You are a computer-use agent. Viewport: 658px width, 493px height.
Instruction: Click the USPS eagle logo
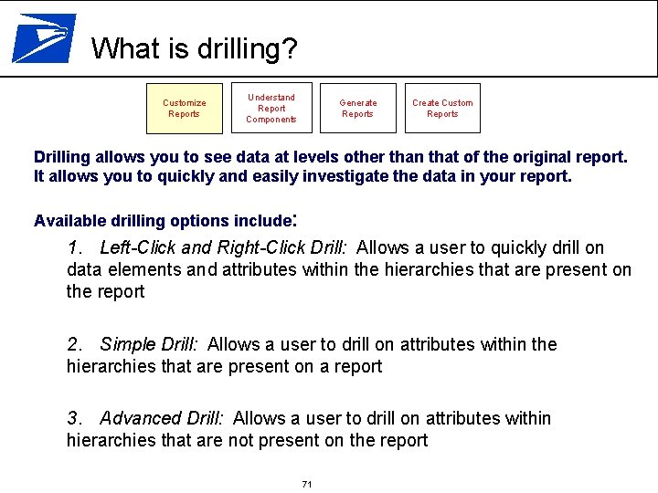click(x=43, y=37)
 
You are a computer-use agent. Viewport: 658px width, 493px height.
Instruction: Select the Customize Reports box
click(x=185, y=108)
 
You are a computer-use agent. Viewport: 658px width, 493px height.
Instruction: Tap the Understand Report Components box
click(x=271, y=108)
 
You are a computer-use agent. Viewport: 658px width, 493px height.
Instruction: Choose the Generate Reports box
click(x=357, y=108)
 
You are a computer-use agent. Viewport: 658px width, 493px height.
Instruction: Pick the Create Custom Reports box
click(x=442, y=108)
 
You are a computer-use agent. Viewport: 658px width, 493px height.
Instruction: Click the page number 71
click(x=307, y=484)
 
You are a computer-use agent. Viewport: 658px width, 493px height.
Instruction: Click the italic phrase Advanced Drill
click(x=161, y=418)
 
